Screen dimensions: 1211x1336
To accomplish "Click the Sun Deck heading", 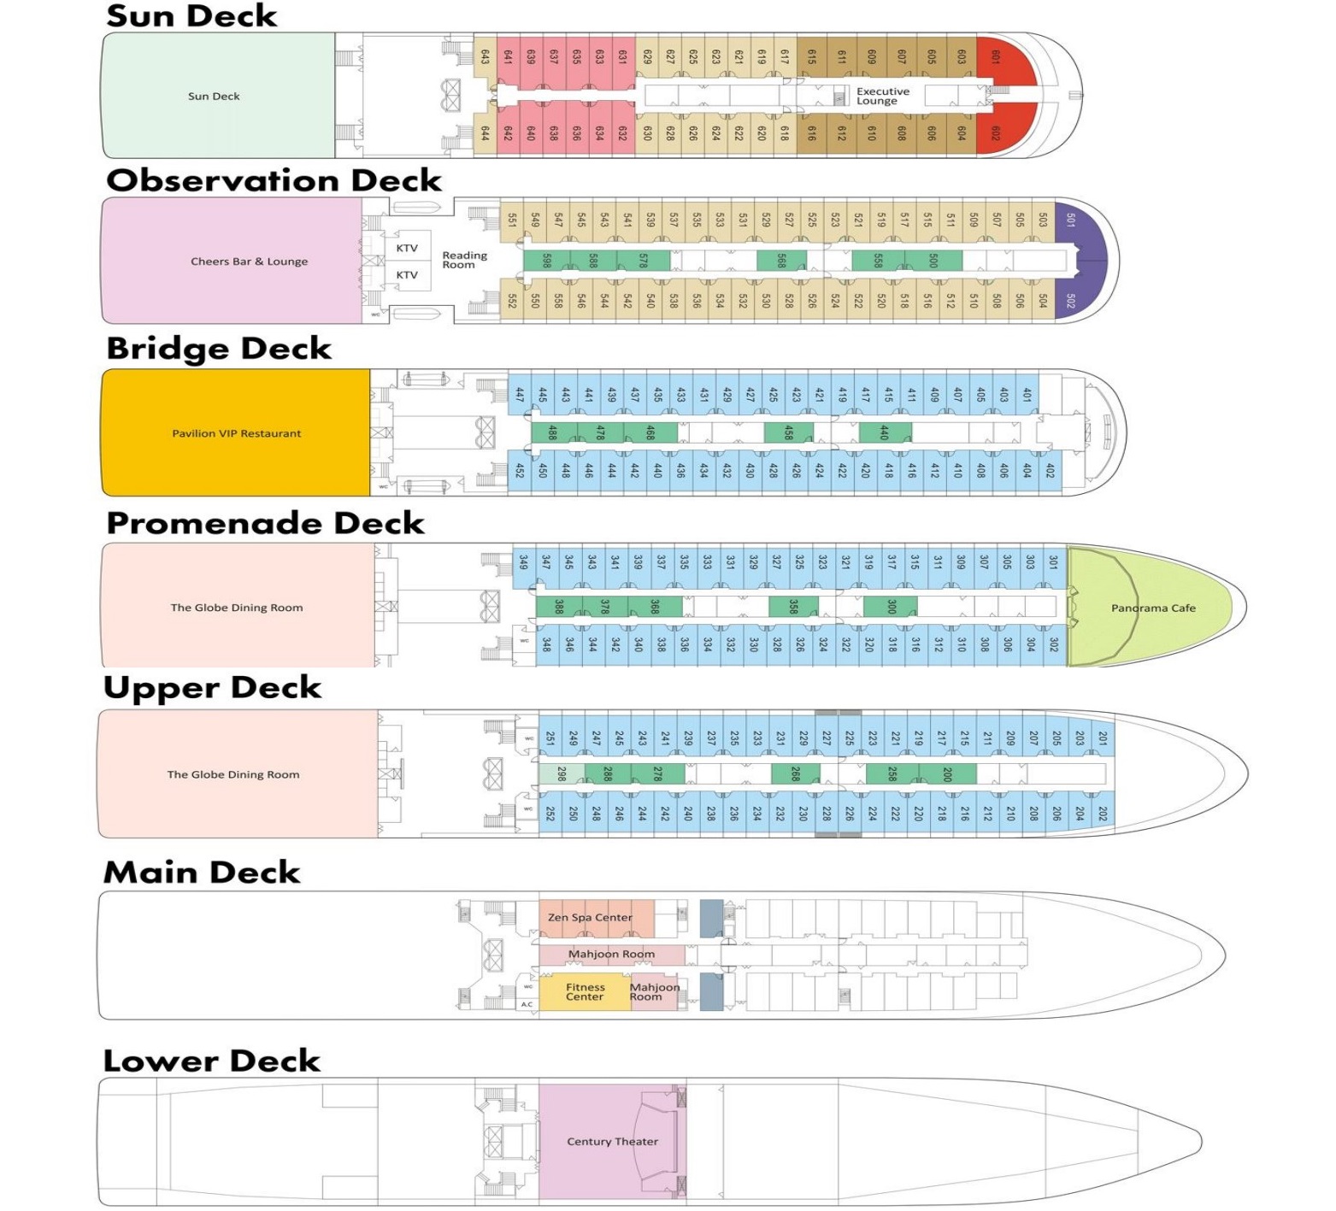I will point(191,15).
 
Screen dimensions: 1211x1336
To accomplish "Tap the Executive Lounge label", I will point(882,96).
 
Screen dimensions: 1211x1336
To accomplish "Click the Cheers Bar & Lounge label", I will point(249,262).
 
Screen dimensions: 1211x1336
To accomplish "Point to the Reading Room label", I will point(464,260).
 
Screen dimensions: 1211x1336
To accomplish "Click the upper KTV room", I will point(407,248).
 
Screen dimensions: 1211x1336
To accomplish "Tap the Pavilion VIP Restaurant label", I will point(237,433).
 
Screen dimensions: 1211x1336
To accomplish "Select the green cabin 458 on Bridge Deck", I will point(788,432).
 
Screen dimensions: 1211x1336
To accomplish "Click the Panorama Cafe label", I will point(1153,608).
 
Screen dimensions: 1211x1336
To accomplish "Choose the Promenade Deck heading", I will point(265,523).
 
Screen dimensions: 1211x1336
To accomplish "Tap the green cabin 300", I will point(891,607).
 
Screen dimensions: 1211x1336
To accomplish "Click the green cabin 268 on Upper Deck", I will point(795,774).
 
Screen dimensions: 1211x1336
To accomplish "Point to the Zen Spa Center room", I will point(590,918).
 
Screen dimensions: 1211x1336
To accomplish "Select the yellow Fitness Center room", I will point(585,992).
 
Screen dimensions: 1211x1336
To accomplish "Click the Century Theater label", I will point(612,1142).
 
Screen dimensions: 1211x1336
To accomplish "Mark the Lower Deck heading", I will point(211,1061).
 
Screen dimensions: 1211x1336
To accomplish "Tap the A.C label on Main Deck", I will point(527,1005).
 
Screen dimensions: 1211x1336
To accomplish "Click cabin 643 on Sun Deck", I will point(485,57).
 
